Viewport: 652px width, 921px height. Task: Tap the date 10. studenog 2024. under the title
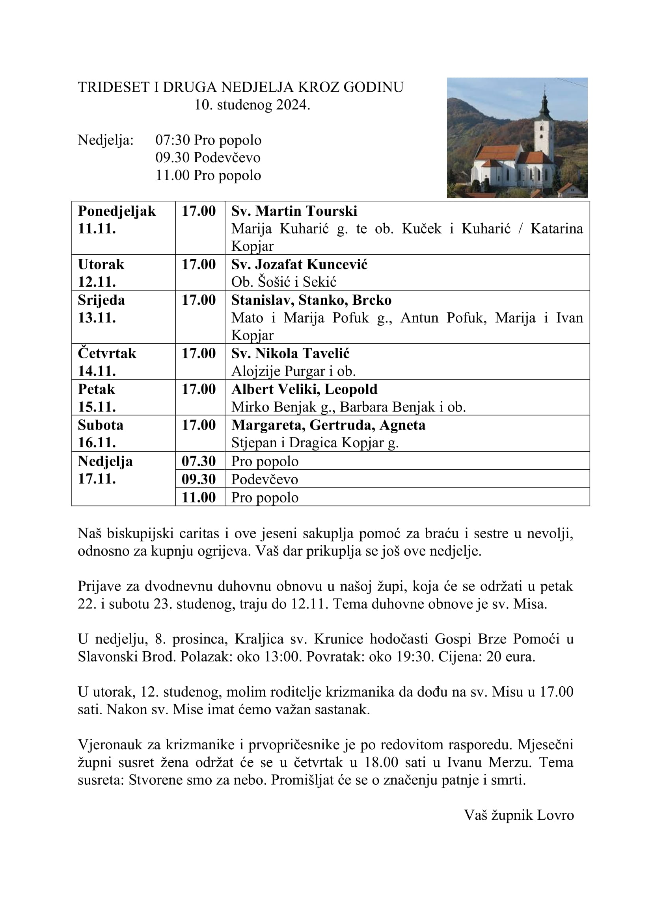click(252, 105)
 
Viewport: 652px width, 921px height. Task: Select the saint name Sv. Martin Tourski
click(294, 211)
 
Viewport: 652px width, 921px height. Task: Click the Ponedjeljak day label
click(117, 211)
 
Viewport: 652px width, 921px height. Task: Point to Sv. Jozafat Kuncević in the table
click(299, 264)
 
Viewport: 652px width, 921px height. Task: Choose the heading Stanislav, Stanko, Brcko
click(311, 300)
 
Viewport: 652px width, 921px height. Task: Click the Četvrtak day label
click(107, 353)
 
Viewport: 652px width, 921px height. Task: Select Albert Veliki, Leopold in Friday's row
click(304, 389)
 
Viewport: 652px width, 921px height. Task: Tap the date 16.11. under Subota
click(97, 443)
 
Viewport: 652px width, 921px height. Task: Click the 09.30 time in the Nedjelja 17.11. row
click(199, 479)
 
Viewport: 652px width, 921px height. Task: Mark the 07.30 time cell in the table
click(199, 461)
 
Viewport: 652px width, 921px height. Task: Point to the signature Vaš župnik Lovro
click(519, 815)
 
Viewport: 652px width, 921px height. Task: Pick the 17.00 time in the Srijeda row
click(199, 300)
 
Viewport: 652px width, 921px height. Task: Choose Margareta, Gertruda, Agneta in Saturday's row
click(328, 425)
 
